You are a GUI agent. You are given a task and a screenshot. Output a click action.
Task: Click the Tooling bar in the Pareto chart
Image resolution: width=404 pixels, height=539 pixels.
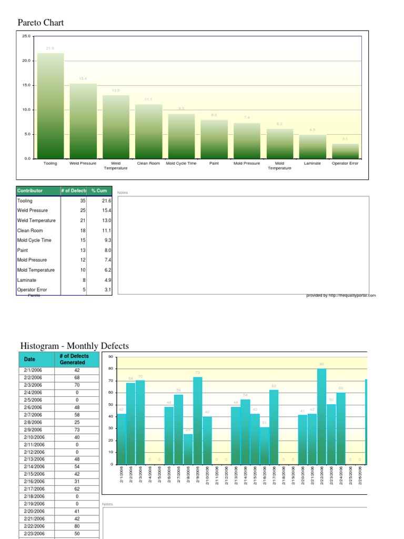(x=50, y=105)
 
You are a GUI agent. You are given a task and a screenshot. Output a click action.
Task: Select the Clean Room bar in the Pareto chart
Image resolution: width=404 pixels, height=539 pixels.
(x=149, y=132)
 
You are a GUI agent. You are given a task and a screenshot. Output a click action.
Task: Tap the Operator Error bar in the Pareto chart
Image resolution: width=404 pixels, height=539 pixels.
(x=346, y=151)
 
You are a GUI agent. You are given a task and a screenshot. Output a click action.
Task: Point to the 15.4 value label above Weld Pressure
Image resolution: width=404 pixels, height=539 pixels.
(x=83, y=78)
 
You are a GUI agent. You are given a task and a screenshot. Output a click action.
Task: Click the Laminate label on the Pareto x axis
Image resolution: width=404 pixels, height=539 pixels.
(x=312, y=164)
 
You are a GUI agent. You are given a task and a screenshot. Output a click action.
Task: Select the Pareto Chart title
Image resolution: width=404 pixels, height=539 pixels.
(x=41, y=23)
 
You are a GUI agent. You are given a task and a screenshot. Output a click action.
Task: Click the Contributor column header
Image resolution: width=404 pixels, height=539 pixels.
(x=30, y=191)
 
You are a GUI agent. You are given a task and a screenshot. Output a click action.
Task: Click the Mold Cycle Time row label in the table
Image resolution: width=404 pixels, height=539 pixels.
(x=34, y=240)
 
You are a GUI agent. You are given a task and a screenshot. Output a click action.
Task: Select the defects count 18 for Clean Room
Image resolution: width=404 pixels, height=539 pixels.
(x=83, y=231)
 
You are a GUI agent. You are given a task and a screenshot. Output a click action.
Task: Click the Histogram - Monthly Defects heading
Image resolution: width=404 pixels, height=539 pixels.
(x=74, y=346)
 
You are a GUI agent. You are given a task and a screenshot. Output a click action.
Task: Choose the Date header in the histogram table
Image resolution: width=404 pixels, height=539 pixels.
(x=30, y=360)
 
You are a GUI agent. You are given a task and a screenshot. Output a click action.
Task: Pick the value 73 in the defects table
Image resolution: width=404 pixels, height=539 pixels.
(x=77, y=430)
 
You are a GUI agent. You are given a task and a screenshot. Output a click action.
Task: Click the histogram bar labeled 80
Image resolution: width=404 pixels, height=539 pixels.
(x=322, y=416)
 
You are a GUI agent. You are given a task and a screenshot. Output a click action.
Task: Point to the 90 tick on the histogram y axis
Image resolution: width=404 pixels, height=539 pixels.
(x=110, y=357)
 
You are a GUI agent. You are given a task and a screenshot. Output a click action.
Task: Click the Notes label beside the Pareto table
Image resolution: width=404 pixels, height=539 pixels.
(x=122, y=193)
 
